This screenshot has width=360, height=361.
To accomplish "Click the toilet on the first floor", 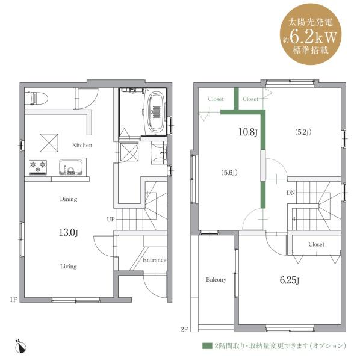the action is [x=36, y=98].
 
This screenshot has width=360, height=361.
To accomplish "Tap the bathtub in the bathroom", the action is [x=156, y=113].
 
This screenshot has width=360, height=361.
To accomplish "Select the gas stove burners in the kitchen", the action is [x=38, y=167].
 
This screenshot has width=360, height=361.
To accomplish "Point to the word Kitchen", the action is [x=82, y=145].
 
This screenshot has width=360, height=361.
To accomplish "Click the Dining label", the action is [x=69, y=199].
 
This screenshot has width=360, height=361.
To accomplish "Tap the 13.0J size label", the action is [x=69, y=232].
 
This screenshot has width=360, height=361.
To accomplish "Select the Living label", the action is [x=69, y=267].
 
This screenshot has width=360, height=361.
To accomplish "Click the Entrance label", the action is [x=154, y=260].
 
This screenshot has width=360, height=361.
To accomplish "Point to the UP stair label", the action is [x=111, y=220].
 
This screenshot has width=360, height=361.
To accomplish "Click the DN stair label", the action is [x=291, y=193].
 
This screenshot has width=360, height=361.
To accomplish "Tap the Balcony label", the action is [x=216, y=280].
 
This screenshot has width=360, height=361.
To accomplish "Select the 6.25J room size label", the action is [x=290, y=280].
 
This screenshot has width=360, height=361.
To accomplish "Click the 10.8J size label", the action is [x=248, y=132].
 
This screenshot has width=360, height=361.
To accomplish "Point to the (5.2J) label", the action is [x=303, y=132].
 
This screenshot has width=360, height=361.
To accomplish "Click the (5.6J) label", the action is [x=229, y=173].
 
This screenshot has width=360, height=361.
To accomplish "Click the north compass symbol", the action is [x=21, y=346].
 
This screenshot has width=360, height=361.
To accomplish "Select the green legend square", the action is [x=207, y=346].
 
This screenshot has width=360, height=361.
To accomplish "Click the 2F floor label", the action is [x=184, y=330].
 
